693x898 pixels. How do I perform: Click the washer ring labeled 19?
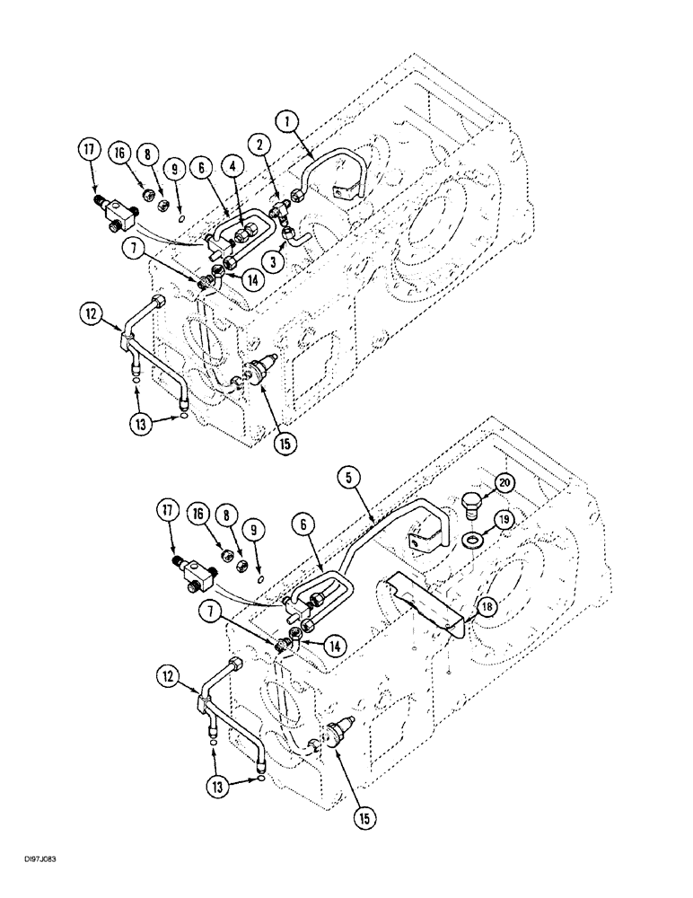(x=470, y=541)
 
